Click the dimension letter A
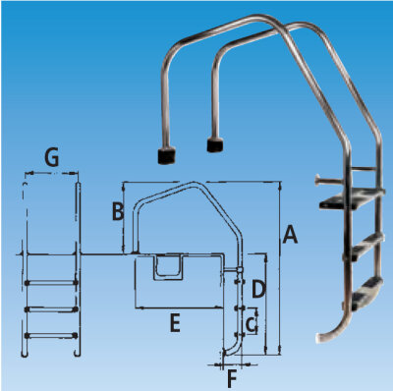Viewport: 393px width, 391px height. [290, 235]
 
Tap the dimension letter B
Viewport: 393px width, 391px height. [117, 210]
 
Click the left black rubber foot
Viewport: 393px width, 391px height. [166, 154]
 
